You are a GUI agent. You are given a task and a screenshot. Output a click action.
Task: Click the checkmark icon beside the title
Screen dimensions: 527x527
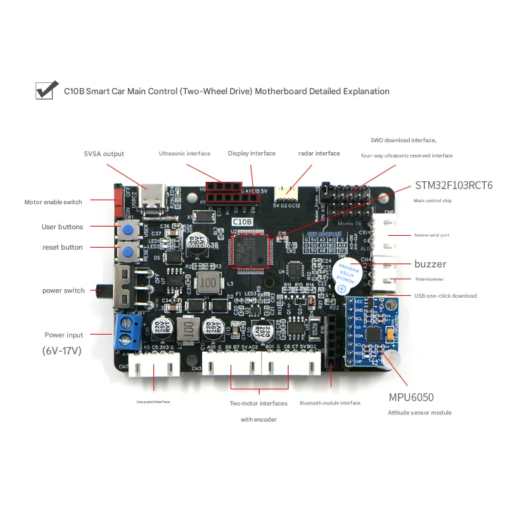[44, 90]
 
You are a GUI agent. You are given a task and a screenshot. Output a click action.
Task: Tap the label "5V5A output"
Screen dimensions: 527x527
[104, 154]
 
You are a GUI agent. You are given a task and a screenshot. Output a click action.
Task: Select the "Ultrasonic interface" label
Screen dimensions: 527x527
[184, 153]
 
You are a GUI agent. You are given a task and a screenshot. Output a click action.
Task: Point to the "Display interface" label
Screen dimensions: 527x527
[252, 153]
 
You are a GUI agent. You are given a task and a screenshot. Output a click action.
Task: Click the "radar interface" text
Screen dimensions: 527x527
[319, 153]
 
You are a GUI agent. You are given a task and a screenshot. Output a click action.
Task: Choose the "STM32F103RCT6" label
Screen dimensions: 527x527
[454, 185]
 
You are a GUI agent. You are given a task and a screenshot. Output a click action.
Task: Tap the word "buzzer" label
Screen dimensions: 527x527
[430, 264]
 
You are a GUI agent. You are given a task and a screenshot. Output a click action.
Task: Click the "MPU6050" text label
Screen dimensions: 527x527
[411, 397]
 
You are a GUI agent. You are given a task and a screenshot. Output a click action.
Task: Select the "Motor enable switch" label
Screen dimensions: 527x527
[53, 202]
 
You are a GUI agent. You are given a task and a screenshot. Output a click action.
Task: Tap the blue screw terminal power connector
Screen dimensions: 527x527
[127, 331]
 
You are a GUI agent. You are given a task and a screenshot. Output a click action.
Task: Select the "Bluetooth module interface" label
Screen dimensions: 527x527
[330, 402]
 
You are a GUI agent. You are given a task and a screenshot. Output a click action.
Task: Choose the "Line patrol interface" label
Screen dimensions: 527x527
[153, 401]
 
